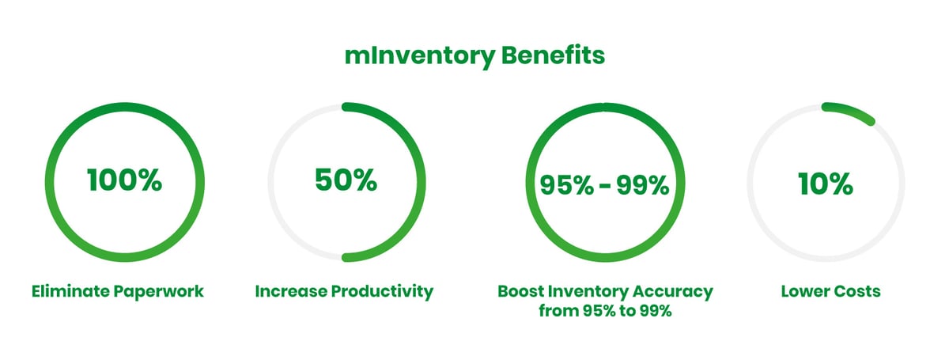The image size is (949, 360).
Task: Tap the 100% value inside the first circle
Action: tap(124, 181)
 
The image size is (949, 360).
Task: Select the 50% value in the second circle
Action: tap(345, 180)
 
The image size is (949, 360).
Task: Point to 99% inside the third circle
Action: tap(642, 184)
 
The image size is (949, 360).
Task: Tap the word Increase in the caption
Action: tap(287, 291)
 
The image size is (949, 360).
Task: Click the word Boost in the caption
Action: tap(520, 291)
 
